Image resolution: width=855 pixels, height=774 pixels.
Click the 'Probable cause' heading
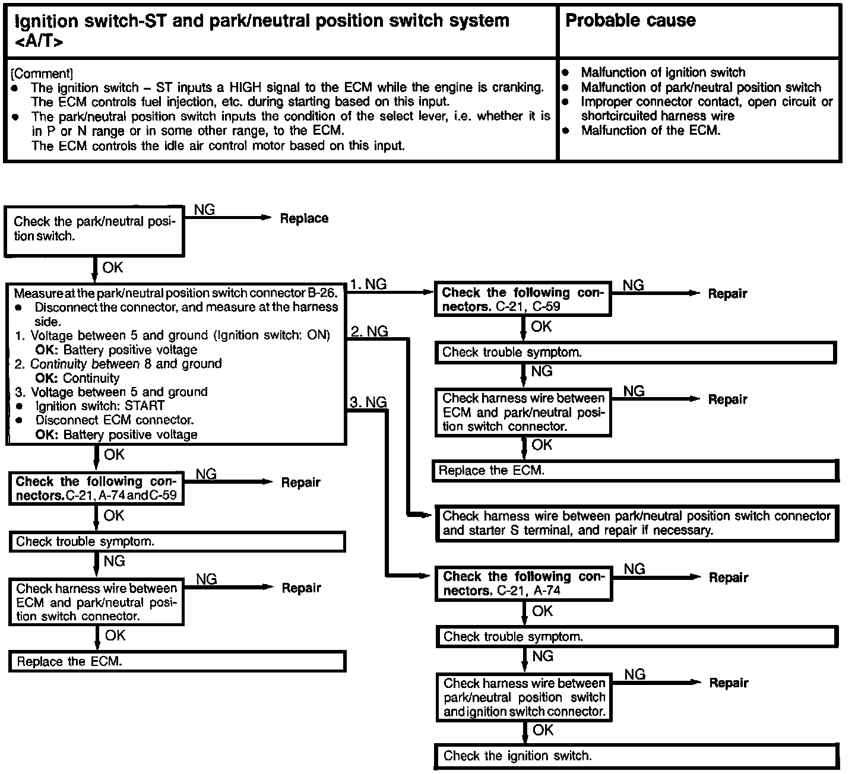(630, 21)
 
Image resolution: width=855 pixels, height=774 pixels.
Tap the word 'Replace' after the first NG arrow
(304, 218)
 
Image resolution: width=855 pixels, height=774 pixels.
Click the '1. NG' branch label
(368, 284)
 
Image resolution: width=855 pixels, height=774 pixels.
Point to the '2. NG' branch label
(369, 331)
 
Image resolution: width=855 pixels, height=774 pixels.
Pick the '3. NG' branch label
(368, 402)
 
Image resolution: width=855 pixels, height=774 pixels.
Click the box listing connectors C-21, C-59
(522, 299)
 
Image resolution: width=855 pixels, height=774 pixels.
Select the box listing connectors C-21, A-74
(524, 583)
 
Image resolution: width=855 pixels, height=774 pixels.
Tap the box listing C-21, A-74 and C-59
(96, 488)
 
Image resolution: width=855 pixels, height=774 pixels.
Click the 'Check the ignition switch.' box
(636, 756)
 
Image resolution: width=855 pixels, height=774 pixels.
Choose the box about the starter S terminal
(636, 523)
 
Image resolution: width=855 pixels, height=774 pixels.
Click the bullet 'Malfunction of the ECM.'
(650, 131)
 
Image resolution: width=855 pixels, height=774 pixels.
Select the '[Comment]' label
(42, 74)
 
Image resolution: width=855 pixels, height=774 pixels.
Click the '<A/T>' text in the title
(38, 42)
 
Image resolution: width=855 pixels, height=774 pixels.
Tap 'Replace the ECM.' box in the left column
(177, 661)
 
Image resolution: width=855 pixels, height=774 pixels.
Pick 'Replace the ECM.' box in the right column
(636, 471)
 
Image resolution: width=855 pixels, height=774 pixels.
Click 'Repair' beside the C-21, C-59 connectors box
(727, 294)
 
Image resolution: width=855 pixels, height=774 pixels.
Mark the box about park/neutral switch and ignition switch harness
(524, 697)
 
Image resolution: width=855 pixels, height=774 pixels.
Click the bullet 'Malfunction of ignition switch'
(663, 72)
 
